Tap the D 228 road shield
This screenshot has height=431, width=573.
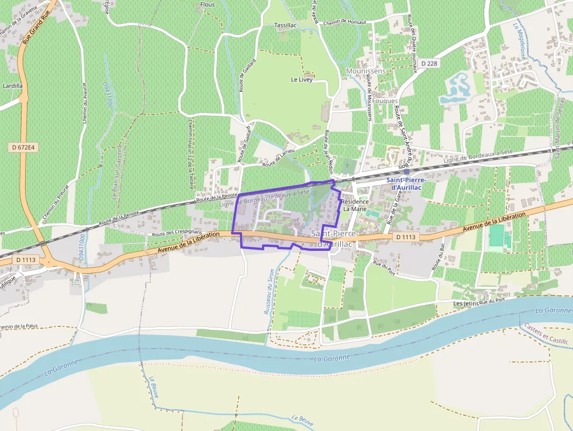coord(429,63)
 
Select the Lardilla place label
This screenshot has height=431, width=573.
coord(12,85)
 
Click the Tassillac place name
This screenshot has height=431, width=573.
coord(286,26)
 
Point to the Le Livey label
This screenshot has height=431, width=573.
coord(302,80)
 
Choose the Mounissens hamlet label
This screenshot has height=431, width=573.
coord(366,71)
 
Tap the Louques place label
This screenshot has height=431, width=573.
coord(385,101)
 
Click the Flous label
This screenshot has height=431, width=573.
coord(208,5)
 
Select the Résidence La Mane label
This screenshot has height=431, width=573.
coord(355,205)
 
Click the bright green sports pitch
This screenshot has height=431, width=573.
coord(496,236)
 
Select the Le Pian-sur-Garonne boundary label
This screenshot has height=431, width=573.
coord(116,170)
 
